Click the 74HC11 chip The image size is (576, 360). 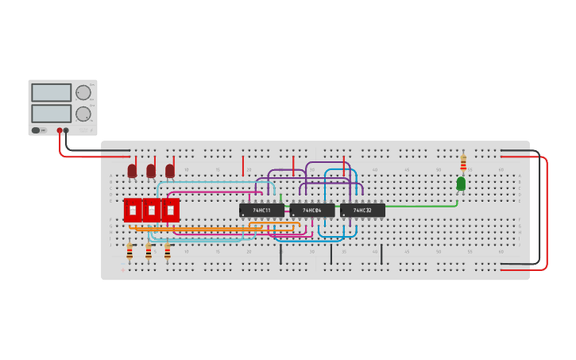261,211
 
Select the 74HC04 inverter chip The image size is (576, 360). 312,211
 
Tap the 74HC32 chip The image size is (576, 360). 363,211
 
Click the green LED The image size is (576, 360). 461,184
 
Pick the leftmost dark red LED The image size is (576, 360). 132,171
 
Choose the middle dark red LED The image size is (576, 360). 151,171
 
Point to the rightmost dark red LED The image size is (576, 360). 170,171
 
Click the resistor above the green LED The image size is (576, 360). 463,162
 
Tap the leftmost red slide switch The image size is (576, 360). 133,210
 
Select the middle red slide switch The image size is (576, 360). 151,210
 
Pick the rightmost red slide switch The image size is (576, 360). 170,210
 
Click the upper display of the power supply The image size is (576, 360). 52,93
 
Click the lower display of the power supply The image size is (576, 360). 52,114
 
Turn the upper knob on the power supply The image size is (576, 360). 83,93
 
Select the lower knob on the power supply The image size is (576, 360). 83,114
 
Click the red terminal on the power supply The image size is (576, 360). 59,130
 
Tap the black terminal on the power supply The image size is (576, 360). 66,130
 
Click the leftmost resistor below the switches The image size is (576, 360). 130,252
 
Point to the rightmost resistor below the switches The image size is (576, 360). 167,252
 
